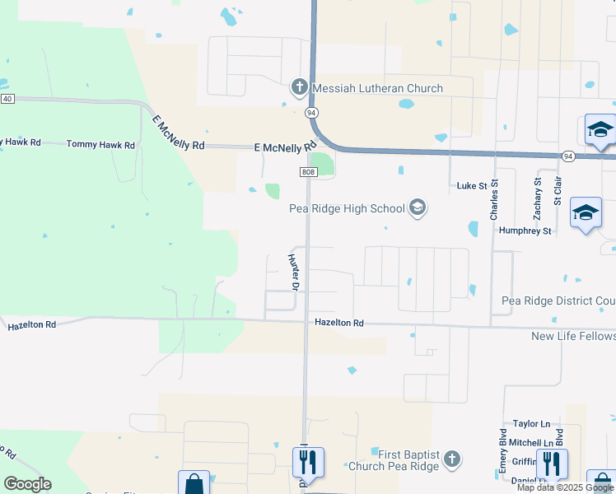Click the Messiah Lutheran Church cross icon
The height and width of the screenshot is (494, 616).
(299, 87)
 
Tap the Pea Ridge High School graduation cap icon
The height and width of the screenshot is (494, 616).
(418, 207)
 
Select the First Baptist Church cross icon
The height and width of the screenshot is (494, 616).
(451, 459)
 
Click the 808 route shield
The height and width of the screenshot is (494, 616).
(308, 171)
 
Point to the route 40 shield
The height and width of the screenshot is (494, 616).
(7, 99)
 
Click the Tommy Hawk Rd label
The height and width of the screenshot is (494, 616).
(100, 145)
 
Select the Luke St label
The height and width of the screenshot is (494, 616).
(473, 186)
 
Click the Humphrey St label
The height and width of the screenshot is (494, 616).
(525, 231)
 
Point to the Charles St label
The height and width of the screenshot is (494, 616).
(494, 200)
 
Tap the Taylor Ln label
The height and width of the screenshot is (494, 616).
(531, 423)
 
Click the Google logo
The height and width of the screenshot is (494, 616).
(27, 484)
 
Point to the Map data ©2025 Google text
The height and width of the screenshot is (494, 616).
(566, 487)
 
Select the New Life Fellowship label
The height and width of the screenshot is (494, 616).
(573, 336)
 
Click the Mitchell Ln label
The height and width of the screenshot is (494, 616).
(530, 443)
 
